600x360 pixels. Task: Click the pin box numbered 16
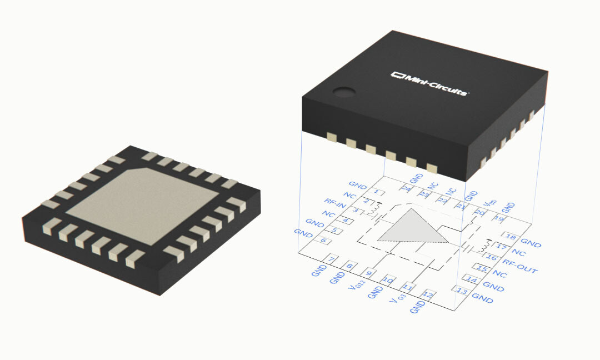click(x=491, y=257)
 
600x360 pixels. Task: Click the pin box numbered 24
click(x=408, y=189)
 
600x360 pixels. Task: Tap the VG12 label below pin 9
click(x=356, y=286)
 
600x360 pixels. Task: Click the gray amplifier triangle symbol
click(x=412, y=228)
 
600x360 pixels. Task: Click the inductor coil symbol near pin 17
click(x=484, y=245)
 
